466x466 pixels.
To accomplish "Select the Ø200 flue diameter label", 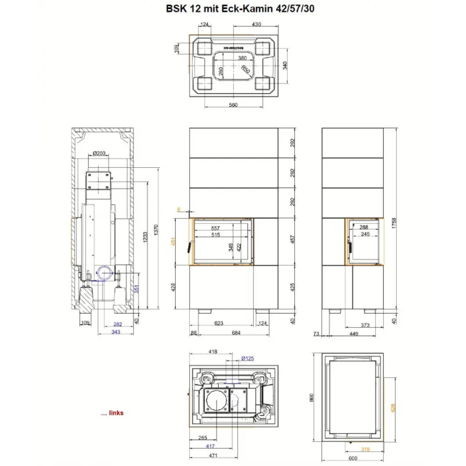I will [99, 153].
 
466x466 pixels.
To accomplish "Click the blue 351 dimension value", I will [137, 289].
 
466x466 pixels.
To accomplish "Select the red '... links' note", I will [112, 413].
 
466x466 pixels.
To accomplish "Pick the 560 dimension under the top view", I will [233, 105].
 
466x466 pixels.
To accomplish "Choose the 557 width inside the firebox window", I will [215, 228].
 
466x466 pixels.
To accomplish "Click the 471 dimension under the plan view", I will [214, 455].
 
